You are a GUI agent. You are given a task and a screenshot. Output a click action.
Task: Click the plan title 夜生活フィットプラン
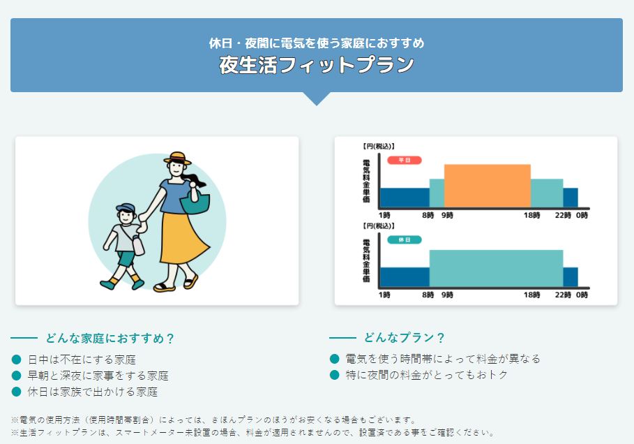tap(317, 65)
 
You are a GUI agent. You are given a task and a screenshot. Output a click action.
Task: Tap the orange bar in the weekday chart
tap(488, 186)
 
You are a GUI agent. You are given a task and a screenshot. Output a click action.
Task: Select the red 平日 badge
tap(405, 161)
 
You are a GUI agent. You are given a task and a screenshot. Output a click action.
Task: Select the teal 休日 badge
tap(405, 240)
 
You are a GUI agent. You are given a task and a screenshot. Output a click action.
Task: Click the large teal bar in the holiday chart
tap(496, 269)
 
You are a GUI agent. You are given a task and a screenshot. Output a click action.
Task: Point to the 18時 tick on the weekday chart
tap(531, 215)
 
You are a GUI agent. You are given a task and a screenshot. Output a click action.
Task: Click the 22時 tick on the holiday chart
tap(563, 295)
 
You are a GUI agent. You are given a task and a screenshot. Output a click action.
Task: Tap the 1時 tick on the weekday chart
tap(384, 215)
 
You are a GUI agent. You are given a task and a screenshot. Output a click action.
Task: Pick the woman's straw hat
tap(177, 158)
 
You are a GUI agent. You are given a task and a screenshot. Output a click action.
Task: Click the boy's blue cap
tap(125, 208)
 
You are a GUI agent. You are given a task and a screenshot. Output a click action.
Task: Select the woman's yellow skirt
tap(183, 238)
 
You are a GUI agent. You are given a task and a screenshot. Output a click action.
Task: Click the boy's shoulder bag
tap(137, 245)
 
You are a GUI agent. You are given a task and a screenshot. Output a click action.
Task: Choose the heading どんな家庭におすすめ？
tap(110, 339)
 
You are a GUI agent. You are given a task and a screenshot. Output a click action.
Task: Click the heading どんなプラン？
tap(404, 338)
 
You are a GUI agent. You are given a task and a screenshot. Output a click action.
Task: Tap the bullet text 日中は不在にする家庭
tap(82, 360)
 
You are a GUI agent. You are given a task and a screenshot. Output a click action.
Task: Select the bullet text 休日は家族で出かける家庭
tap(93, 392)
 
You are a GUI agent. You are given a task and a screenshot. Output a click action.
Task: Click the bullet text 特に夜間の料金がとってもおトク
tap(427, 375)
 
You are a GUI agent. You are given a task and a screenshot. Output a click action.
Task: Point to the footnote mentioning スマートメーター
tap(252, 433)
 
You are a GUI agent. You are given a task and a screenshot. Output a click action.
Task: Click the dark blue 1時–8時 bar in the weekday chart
tap(405, 198)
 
